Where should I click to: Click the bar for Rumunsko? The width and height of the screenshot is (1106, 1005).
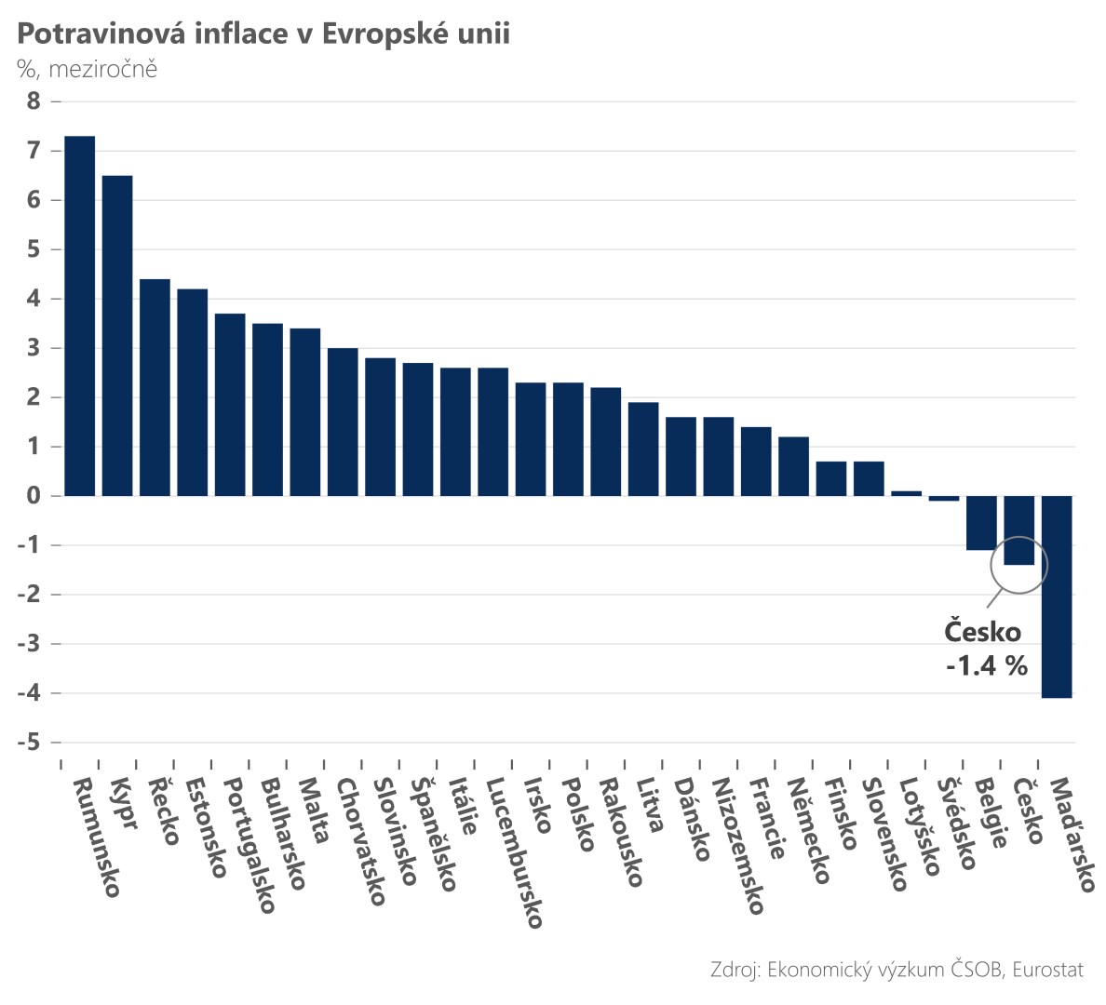(x=79, y=315)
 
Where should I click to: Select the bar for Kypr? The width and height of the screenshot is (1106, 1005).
(x=117, y=335)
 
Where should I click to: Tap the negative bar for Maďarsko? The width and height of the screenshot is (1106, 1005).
(x=1057, y=596)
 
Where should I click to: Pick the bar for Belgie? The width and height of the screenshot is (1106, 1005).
(x=981, y=523)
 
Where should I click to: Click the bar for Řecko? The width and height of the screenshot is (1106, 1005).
(x=155, y=387)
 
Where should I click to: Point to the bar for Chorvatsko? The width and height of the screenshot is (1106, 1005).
(x=343, y=422)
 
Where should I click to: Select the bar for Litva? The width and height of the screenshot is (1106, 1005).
(x=643, y=449)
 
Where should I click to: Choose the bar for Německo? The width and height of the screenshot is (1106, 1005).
(x=794, y=466)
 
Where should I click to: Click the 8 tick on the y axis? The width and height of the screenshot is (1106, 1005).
(x=34, y=101)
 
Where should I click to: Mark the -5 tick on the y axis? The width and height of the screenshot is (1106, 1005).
(x=29, y=743)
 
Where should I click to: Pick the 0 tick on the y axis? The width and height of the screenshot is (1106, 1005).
(x=34, y=496)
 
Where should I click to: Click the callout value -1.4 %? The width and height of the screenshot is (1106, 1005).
(x=987, y=665)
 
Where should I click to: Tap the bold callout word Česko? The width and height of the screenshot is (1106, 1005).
(x=982, y=632)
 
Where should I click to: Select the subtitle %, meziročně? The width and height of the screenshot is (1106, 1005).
(x=88, y=69)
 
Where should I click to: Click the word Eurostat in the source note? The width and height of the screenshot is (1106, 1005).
(x=1047, y=970)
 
